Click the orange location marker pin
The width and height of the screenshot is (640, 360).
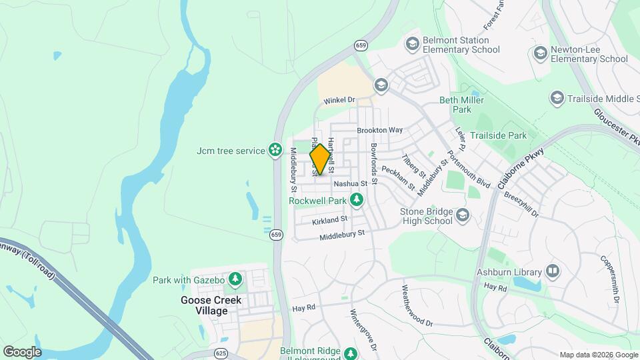click(x=321, y=159)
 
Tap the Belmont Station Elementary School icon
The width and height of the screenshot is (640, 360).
click(x=412, y=44)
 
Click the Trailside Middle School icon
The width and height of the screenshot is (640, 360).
click(x=556, y=99)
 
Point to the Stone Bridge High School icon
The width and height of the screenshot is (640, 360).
click(x=463, y=215)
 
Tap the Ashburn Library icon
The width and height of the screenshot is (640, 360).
click(x=552, y=271)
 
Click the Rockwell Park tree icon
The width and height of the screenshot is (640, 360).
click(x=357, y=199)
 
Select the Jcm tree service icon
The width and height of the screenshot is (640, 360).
click(x=275, y=151)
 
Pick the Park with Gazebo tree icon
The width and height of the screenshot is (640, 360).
click(x=235, y=279)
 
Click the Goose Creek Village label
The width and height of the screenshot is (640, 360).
click(x=211, y=305)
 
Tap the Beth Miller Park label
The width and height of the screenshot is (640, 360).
click(x=455, y=105)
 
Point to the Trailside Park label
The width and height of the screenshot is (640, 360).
click(x=498, y=135)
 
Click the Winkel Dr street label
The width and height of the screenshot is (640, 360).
click(x=339, y=100)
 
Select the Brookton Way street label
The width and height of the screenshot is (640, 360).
click(x=380, y=130)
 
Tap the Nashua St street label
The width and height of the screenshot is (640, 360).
click(x=351, y=183)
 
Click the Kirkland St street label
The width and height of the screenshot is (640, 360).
click(x=330, y=219)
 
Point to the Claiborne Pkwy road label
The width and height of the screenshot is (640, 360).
click(x=521, y=169)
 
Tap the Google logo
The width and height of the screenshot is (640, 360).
click(x=22, y=351)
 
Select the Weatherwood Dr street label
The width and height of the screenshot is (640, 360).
click(x=417, y=306)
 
